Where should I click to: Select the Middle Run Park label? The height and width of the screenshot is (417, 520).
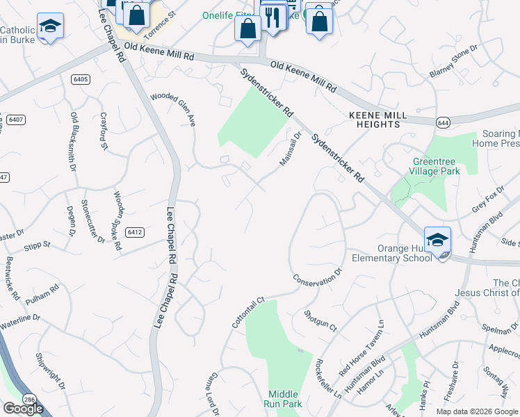pos(284,398)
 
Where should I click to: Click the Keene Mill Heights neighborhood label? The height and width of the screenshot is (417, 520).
pos(374,118)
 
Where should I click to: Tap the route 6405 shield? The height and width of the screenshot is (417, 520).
pos(81,79)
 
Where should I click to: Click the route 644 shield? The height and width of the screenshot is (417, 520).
pos(443,122)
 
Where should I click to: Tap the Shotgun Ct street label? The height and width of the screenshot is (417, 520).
pos(320,321)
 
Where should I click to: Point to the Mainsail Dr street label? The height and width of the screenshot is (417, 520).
pos(291,149)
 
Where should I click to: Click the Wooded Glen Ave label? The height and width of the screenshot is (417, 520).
pos(174,108)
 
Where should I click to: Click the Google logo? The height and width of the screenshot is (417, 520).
pos(23,409)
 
